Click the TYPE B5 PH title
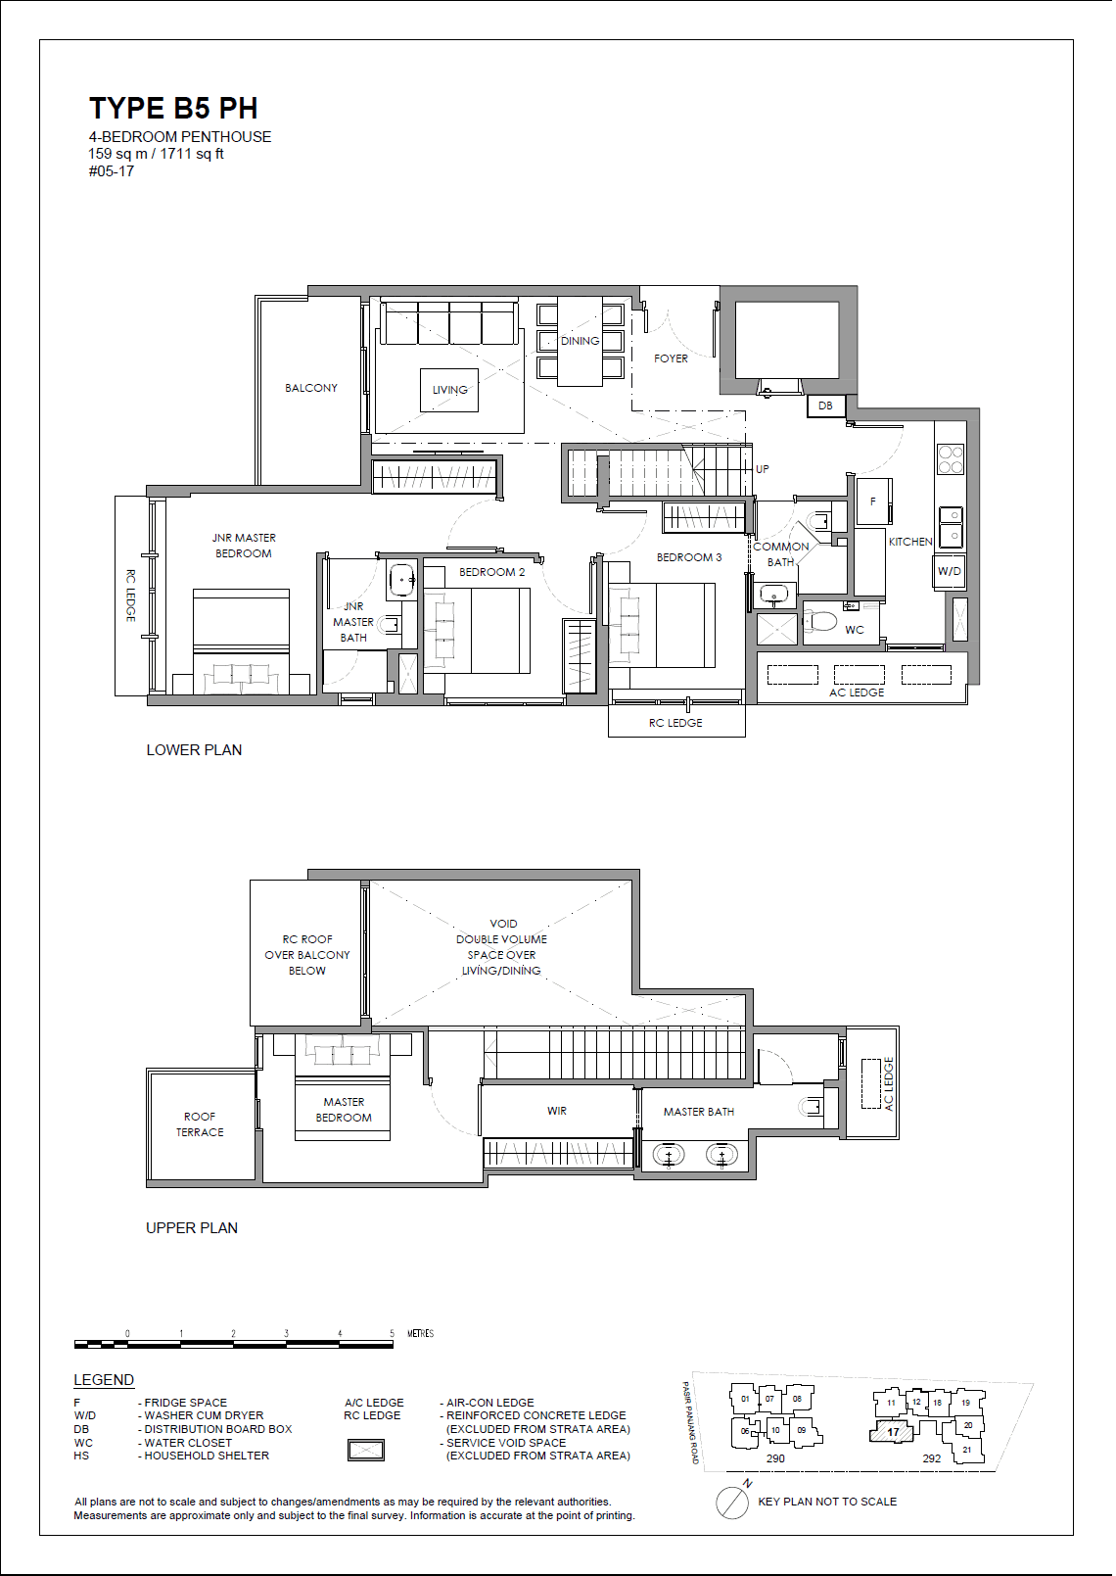coord(173,109)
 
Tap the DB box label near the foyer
coord(825,406)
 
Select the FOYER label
coord(671,358)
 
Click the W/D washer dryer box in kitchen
coord(949,571)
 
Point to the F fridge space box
coord(873,501)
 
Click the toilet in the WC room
coord(820,621)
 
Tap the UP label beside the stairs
coord(762,469)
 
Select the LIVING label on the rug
coord(449,390)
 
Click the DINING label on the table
coord(580,341)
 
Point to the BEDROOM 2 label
coord(491,572)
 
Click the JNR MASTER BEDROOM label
coord(244,546)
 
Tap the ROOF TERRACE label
coord(200,1124)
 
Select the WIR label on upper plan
coord(556,1111)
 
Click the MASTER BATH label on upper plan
coord(698,1112)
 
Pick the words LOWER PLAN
coord(194,750)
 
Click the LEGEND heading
coord(104,1380)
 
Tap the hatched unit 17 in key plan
coord(892,1432)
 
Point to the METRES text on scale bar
coord(420,1333)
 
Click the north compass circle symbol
coord(731,1503)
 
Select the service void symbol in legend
coord(366,1450)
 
